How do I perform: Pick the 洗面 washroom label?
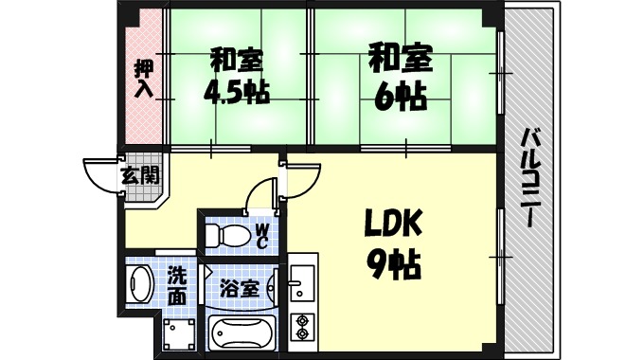pos(177,286)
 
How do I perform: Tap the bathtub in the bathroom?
pos(239,333)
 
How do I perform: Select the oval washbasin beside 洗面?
pos(141,284)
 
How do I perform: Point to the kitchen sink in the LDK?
pos(302,281)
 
